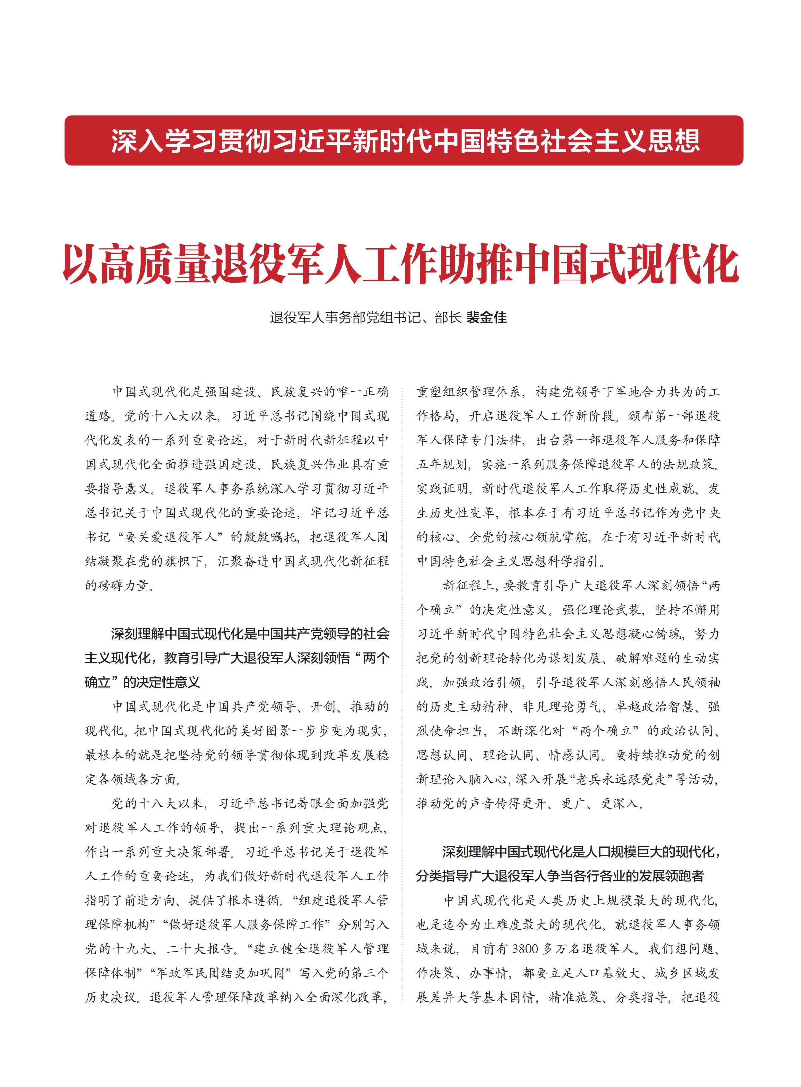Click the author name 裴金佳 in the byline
click(x=486, y=318)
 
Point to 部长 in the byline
click(x=448, y=318)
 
